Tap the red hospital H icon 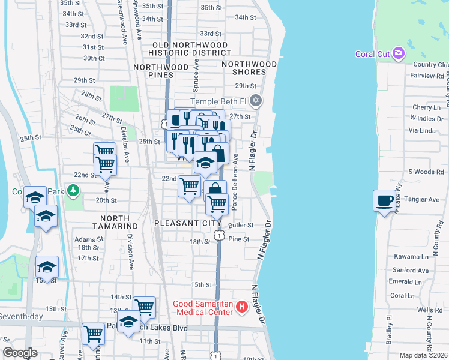pyautogui.click(x=242, y=308)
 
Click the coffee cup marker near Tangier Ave pyautogui.click(x=384, y=201)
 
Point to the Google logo pyautogui.click(x=20, y=353)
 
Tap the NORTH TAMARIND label pyautogui.click(x=111, y=221)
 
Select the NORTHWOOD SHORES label pyautogui.click(x=249, y=70)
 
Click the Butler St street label pyautogui.click(x=242, y=225)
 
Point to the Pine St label pyautogui.click(x=238, y=239)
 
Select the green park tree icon pyautogui.click(x=74, y=190)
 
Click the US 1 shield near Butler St pyautogui.click(x=220, y=236)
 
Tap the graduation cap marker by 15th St pyautogui.click(x=47, y=266)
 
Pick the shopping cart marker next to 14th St pyautogui.click(x=145, y=307)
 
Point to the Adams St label pyautogui.click(x=85, y=239)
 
